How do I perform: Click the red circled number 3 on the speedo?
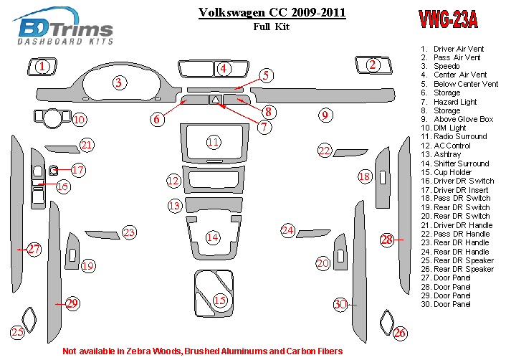tap(118, 83)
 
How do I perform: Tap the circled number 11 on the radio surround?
tap(214, 142)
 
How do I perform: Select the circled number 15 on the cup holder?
tap(220, 300)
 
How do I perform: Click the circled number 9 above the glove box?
tap(325, 115)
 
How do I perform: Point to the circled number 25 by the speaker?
tap(17, 332)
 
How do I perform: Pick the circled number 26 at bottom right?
tap(400, 332)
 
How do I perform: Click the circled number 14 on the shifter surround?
tap(212, 237)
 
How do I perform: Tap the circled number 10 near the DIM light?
tap(79, 119)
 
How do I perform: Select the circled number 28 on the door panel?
tap(387, 240)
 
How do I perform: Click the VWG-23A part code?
tap(447, 20)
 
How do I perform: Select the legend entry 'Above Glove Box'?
tap(463, 119)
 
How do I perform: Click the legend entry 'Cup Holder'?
tap(452, 172)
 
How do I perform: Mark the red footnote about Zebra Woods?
tap(203, 351)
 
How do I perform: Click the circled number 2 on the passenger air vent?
tap(372, 65)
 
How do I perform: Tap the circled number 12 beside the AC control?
tap(173, 181)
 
